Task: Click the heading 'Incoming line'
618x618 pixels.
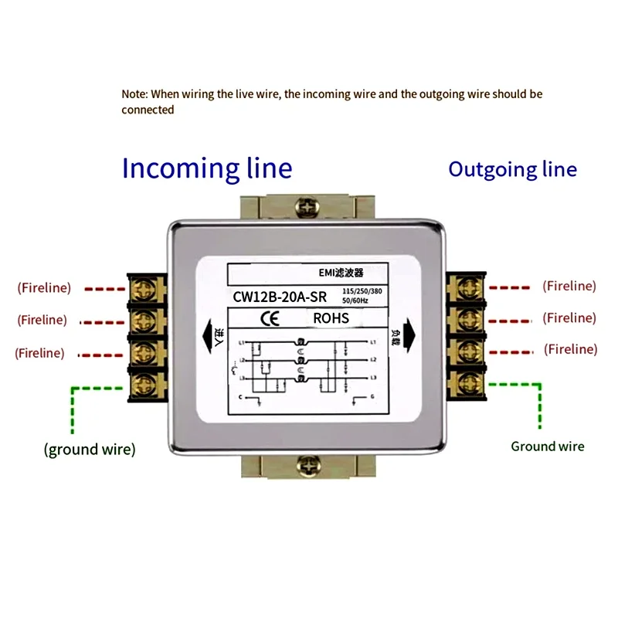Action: pyautogui.click(x=207, y=168)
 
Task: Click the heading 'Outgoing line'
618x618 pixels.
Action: pyautogui.click(x=512, y=169)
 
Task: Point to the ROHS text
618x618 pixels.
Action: pyautogui.click(x=331, y=317)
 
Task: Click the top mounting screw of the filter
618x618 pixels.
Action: pyautogui.click(x=307, y=207)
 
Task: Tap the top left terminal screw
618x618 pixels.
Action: pyautogui.click(x=144, y=290)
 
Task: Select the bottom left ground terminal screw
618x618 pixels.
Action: pyautogui.click(x=144, y=382)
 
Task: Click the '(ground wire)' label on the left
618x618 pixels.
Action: pyautogui.click(x=90, y=450)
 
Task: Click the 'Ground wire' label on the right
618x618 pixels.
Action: pyautogui.click(x=548, y=446)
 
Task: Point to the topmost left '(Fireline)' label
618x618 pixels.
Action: pyautogui.click(x=44, y=287)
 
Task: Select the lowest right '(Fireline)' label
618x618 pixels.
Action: pyautogui.click(x=570, y=349)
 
